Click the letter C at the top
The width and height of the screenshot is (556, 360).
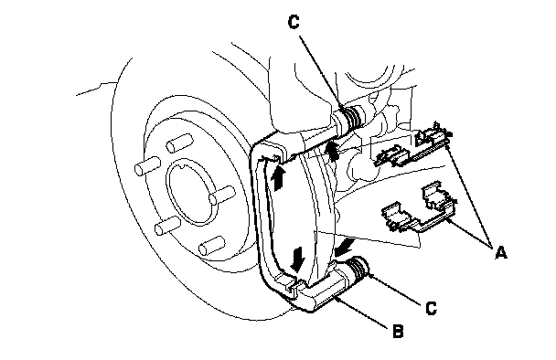pos(294,22)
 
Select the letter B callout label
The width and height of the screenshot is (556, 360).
pos(398,331)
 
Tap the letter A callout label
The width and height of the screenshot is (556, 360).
pos(501,252)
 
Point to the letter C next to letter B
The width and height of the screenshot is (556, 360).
pos(431,308)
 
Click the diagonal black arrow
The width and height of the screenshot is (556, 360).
pos(345,247)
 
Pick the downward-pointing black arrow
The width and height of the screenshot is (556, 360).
pos(297,259)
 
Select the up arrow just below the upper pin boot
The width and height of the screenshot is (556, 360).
pos(332,152)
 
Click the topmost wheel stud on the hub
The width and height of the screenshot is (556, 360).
pos(179,143)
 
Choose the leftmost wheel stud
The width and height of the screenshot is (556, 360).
pos(147,165)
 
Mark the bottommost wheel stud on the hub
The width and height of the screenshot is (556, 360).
pos(212,246)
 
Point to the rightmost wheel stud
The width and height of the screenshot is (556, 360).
pos(222,196)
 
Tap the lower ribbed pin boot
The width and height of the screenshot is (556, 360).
pos(358,270)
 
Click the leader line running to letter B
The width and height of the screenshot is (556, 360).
pos(362,313)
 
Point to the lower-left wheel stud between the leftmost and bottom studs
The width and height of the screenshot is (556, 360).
pos(168,226)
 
